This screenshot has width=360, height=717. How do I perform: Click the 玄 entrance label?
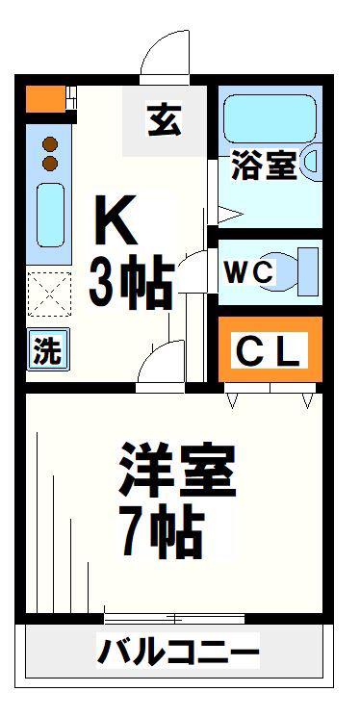(x=165, y=120)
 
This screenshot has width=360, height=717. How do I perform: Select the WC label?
(x=249, y=273)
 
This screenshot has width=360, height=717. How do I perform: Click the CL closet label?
(x=268, y=350)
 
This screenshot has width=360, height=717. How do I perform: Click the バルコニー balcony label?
(x=177, y=652)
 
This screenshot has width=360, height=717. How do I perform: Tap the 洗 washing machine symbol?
(x=48, y=349)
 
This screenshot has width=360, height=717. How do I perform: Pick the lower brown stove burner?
(x=50, y=163)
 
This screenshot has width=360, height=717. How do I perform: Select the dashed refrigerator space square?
(x=49, y=294)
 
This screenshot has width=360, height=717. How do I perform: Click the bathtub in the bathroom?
(x=270, y=119)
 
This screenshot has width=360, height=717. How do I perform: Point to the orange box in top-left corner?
(x=45, y=99)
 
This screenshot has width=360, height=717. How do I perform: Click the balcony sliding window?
(x=174, y=618)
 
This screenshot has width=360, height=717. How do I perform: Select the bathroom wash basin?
(x=311, y=163)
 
